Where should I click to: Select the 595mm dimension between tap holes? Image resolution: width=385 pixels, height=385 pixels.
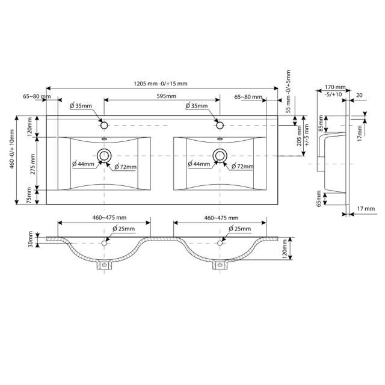(162, 96)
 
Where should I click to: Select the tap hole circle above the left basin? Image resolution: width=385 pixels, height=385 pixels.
(104, 125)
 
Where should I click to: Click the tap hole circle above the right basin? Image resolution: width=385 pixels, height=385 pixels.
(220, 125)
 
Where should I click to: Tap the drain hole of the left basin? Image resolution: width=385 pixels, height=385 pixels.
(104, 156)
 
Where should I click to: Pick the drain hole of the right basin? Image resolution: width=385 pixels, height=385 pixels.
(220, 156)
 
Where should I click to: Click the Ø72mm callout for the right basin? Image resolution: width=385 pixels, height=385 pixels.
(242, 167)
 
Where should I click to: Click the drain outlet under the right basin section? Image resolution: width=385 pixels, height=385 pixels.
(220, 264)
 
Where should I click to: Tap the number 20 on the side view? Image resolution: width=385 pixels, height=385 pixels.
(359, 95)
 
